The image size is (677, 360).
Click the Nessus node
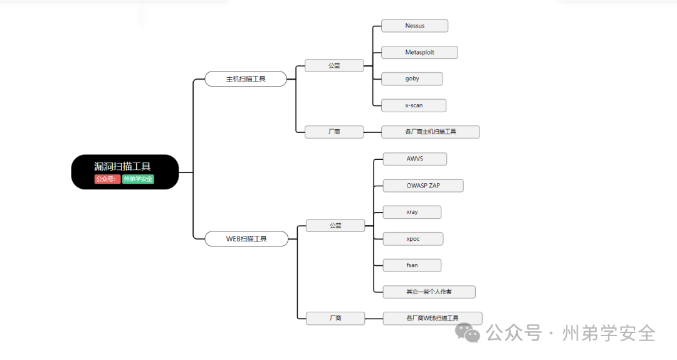[x=414, y=26]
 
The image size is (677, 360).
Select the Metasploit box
[x=419, y=52]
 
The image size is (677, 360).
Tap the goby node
[x=412, y=78]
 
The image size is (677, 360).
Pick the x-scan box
[x=414, y=105]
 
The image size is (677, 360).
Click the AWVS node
[x=414, y=159]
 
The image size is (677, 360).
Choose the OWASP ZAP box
[x=422, y=186]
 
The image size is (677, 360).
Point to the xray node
[x=412, y=212]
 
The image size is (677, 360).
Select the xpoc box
[x=412, y=239]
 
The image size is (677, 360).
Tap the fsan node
[x=412, y=265]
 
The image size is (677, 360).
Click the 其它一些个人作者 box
[x=429, y=292]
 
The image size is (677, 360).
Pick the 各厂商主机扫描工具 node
[x=430, y=132]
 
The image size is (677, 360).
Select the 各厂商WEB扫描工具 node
[x=432, y=318]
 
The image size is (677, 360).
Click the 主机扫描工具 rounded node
[x=246, y=79]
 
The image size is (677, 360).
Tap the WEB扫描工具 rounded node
[x=246, y=239]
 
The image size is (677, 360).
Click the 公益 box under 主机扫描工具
[x=334, y=65]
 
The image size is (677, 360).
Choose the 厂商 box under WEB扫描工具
[x=335, y=318]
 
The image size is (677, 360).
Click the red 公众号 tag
[x=107, y=179]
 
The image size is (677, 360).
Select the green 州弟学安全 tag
[x=138, y=179]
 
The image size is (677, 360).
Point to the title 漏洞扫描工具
[x=122, y=166]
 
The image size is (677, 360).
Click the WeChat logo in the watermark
[x=468, y=332]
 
